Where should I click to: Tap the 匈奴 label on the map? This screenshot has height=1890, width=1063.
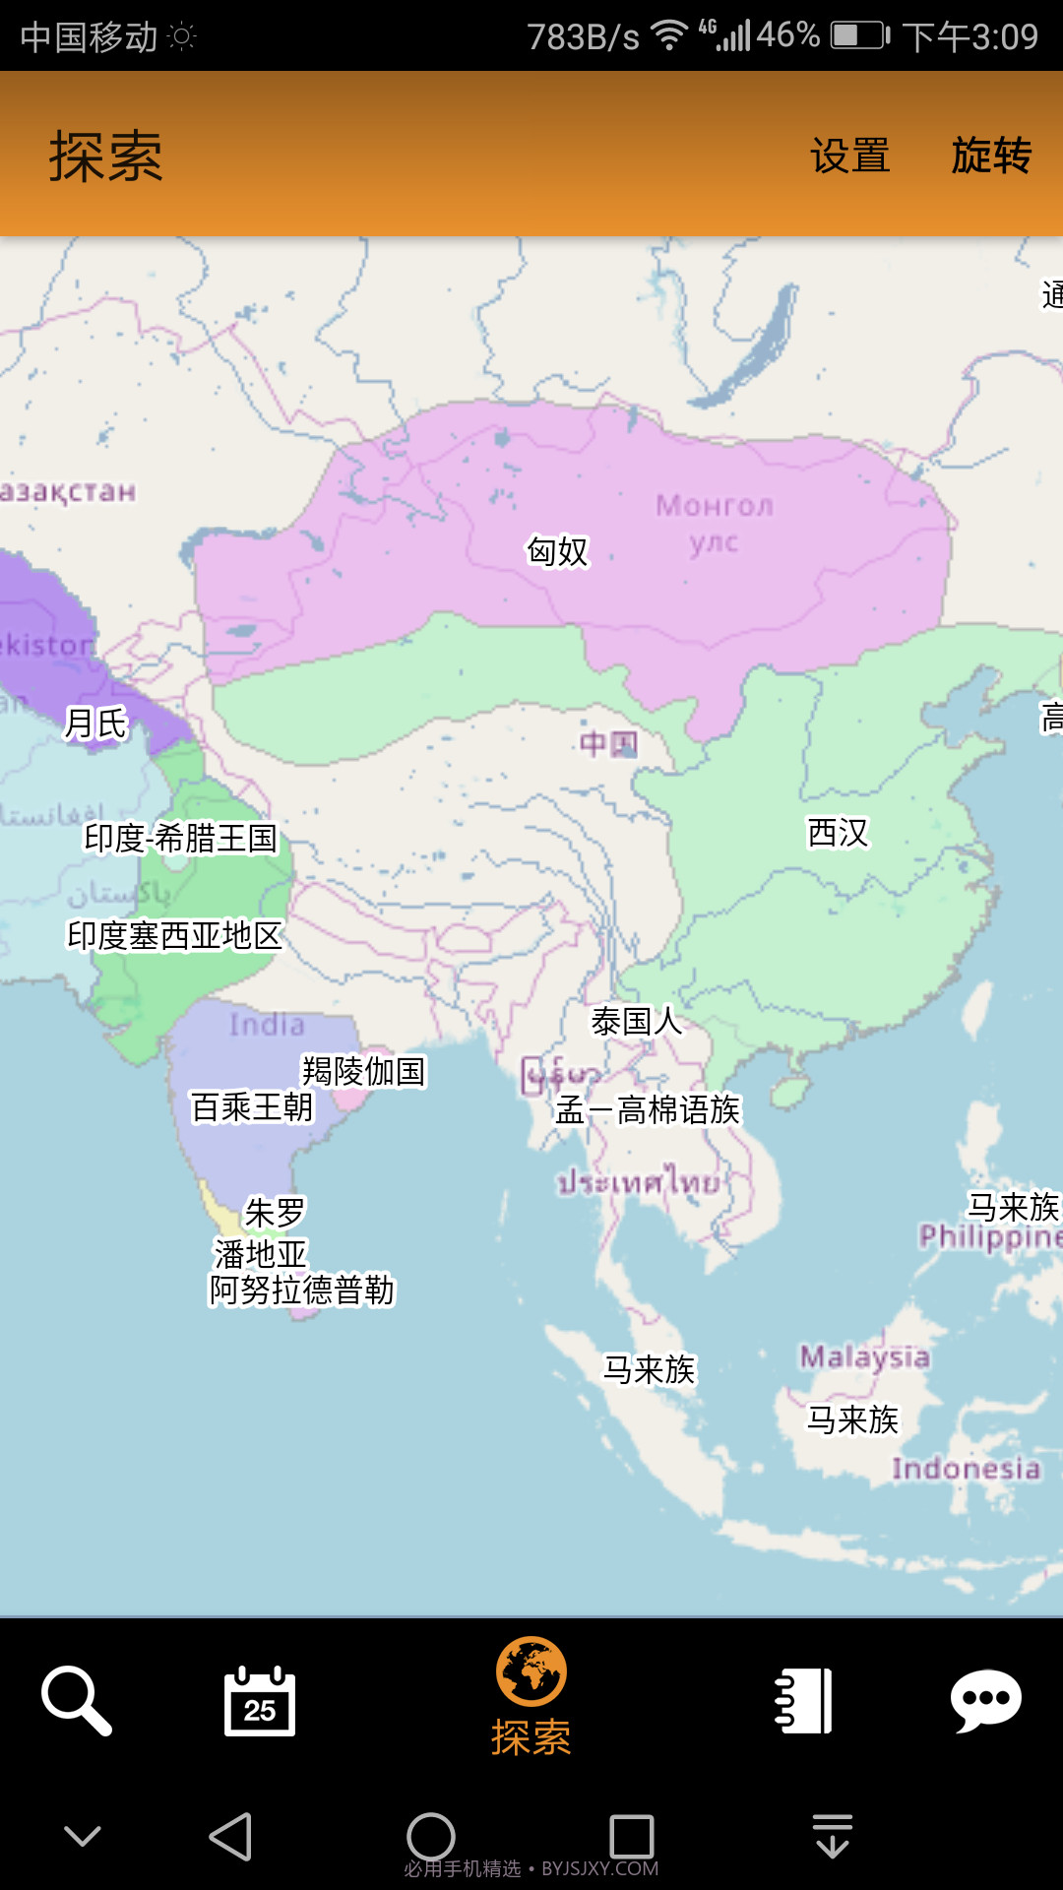[557, 551]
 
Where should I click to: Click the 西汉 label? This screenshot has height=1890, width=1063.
[838, 833]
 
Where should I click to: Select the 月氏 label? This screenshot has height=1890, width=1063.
[95, 724]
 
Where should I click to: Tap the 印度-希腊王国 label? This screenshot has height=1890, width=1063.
[181, 839]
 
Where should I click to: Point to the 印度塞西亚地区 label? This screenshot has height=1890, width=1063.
[174, 935]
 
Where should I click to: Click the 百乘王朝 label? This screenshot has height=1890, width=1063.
[252, 1107]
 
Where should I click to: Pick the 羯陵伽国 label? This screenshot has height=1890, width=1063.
[363, 1071]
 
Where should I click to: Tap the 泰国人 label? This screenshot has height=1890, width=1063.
[636, 1022]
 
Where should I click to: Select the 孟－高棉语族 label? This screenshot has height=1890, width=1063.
[648, 1110]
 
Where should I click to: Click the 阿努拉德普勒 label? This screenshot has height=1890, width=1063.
[301, 1290]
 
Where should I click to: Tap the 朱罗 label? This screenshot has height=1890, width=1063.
[275, 1213]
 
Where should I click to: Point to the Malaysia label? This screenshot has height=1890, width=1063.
[864, 1357]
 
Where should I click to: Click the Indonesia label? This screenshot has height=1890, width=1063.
[966, 1469]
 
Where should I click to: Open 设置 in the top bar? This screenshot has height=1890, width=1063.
[849, 156]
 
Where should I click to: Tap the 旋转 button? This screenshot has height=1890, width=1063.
[991, 156]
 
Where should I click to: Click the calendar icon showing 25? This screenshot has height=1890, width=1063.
[260, 1700]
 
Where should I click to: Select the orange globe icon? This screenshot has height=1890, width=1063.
[531, 1671]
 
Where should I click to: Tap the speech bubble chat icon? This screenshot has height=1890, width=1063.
[985, 1700]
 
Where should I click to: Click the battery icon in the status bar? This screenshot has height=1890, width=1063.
[859, 36]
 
